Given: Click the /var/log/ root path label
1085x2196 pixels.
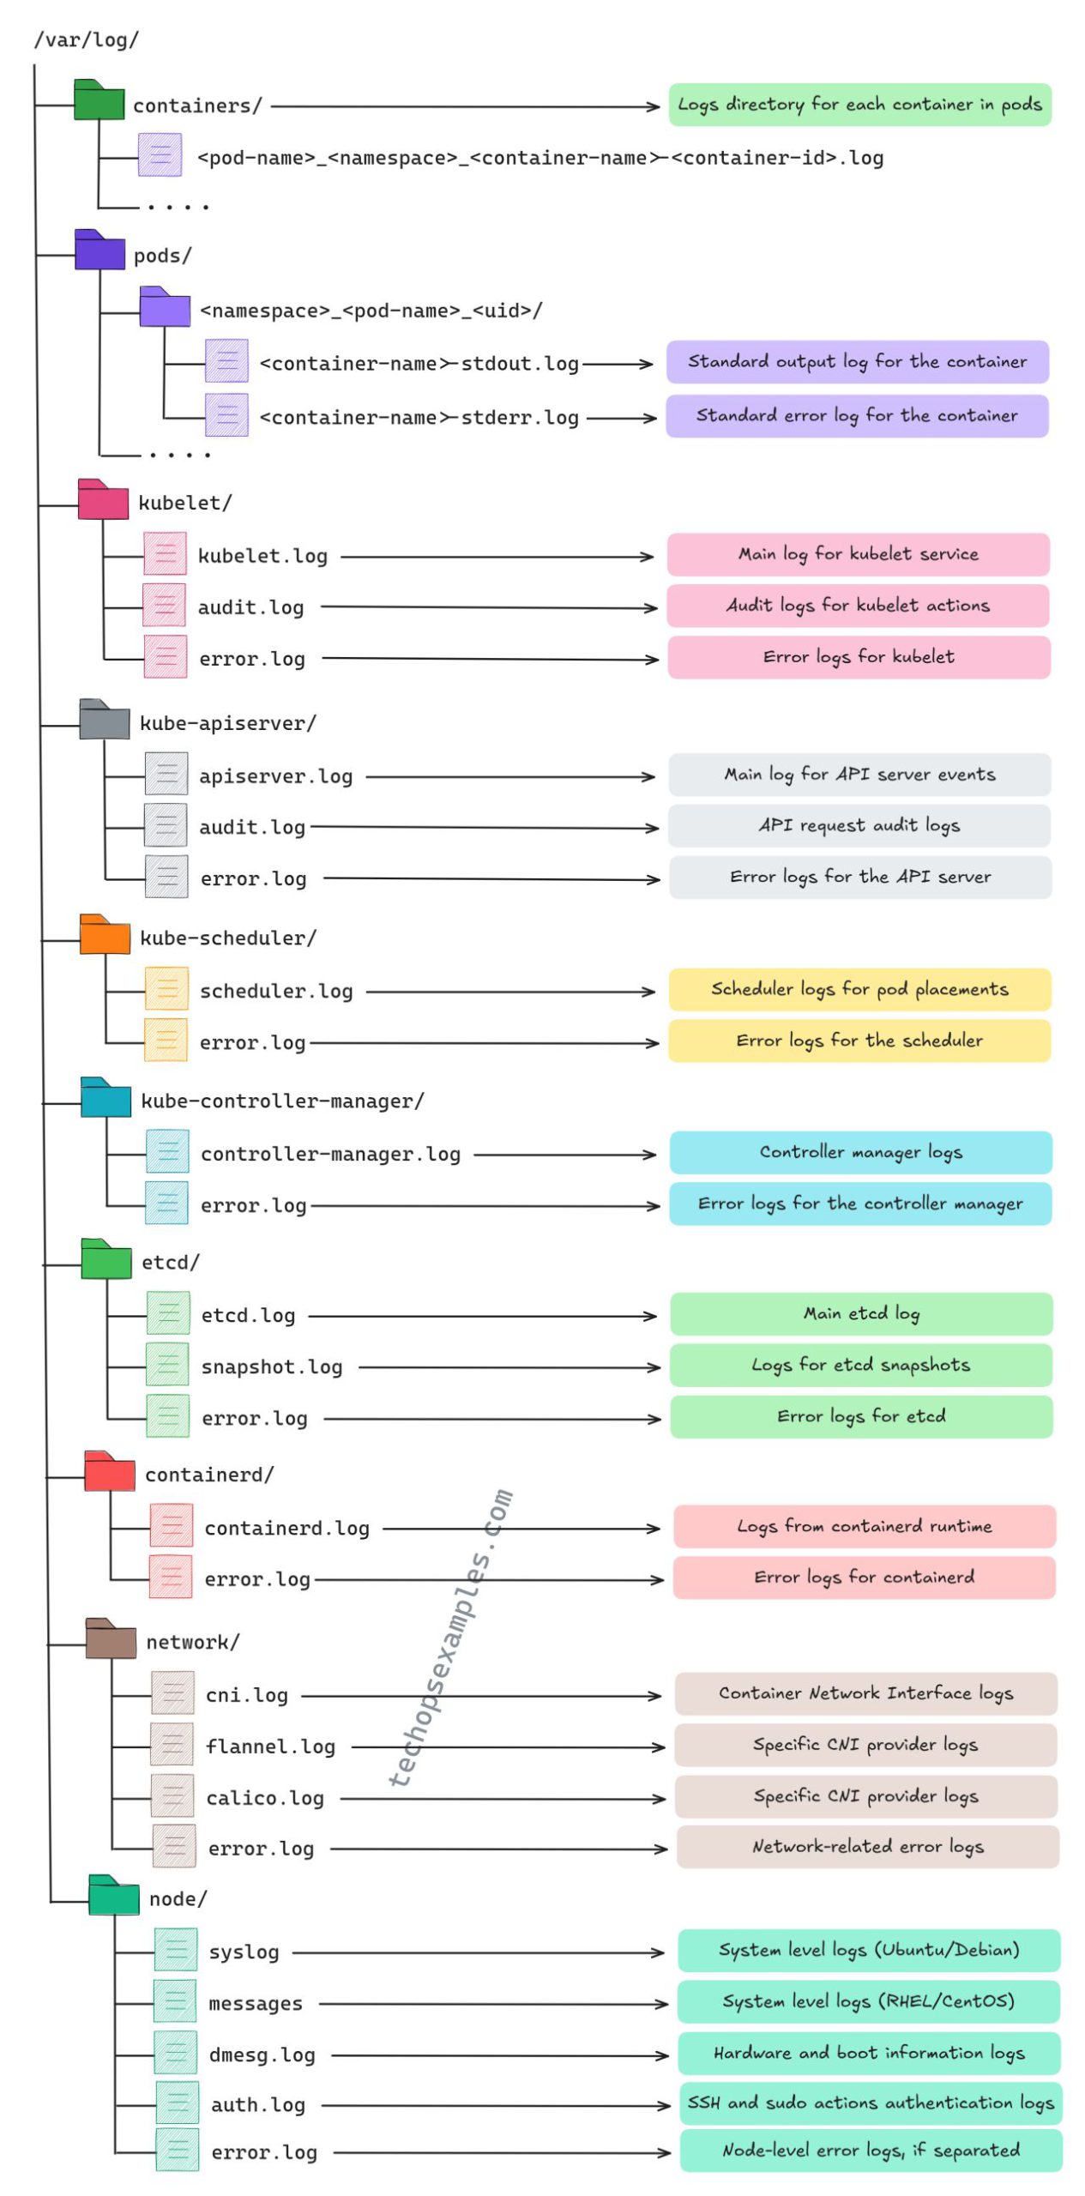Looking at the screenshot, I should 86,40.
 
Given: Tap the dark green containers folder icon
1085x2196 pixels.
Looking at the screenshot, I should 99,100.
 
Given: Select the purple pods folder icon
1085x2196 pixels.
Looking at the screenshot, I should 99,250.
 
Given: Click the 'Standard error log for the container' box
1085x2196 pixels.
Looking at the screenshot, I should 856,416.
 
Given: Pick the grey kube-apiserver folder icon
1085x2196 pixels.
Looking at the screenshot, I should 104,719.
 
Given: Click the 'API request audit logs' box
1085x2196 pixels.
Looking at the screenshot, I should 859,825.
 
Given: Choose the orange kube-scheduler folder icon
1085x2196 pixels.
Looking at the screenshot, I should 105,935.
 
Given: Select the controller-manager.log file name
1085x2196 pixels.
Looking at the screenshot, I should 330,1155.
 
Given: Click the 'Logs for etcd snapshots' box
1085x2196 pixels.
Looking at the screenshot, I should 860,1365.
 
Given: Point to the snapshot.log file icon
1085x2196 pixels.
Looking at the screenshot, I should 167,1364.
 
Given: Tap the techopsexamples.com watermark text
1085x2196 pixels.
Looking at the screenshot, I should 451,1638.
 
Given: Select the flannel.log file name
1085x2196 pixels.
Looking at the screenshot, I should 270,1747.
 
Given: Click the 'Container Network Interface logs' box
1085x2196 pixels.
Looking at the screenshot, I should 865,1693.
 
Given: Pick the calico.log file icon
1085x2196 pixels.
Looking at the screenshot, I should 172,1795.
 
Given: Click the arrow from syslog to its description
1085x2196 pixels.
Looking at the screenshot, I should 477,1953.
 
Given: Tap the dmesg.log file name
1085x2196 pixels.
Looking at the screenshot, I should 262,2055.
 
